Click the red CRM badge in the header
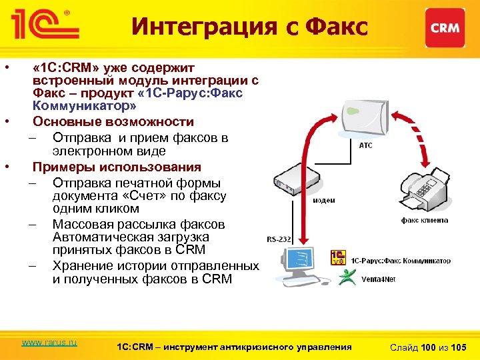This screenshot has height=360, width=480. tap(445, 27)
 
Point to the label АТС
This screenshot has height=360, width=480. tap(366, 145)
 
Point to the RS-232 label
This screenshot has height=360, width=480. tap(279, 238)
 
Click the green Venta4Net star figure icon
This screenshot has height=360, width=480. tap(347, 277)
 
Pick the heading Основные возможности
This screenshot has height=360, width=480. tap(113, 122)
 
